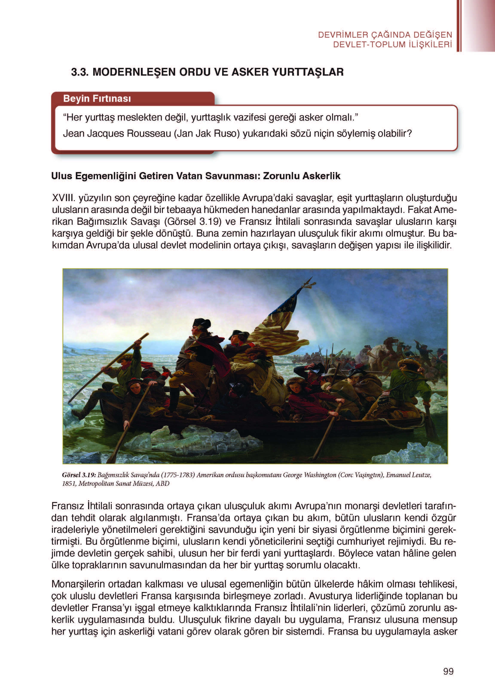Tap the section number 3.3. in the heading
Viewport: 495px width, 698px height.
(x=81, y=72)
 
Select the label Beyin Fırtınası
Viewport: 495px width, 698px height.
(x=97, y=99)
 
